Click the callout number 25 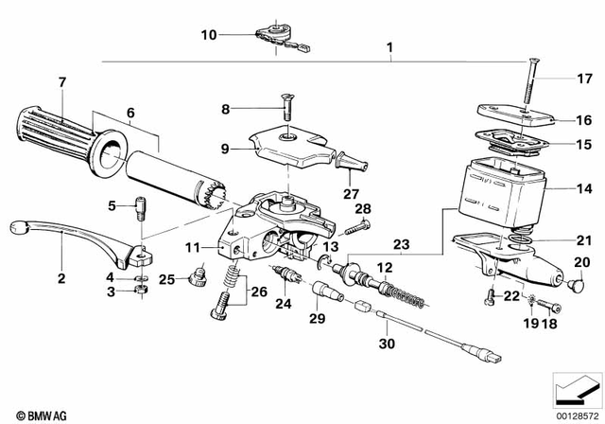[x=165, y=278]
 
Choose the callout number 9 [x=225, y=147]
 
